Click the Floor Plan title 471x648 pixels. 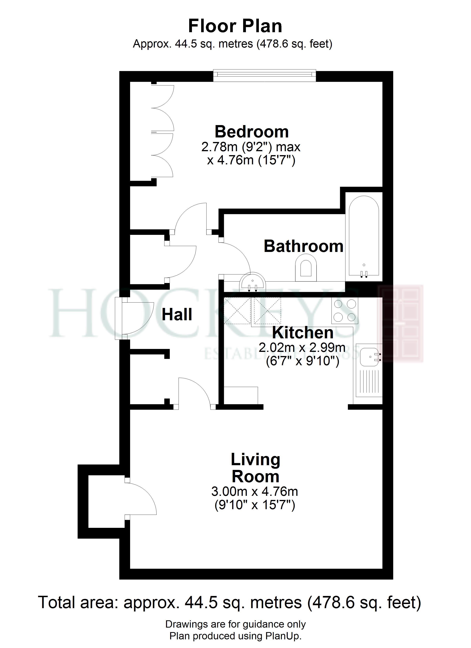[235, 26]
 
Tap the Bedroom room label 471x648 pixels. [252, 132]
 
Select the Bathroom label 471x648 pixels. [303, 246]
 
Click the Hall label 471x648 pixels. [177, 315]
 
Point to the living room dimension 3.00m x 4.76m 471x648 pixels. [255, 491]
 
